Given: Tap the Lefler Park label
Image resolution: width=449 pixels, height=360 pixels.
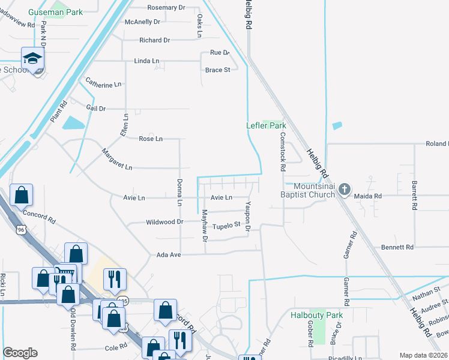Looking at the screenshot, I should [x=266, y=126].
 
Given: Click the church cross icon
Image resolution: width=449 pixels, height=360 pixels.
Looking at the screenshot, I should [x=344, y=190].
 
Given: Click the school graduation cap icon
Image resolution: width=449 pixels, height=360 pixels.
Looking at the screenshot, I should [x=32, y=58].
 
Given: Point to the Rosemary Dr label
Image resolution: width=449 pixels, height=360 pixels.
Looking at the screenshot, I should [x=166, y=8].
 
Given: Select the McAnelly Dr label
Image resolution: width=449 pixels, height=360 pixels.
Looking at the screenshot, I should [x=142, y=22].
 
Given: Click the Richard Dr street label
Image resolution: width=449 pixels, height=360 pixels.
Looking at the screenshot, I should [x=154, y=40].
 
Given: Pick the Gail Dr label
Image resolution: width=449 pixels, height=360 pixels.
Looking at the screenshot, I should [x=96, y=109].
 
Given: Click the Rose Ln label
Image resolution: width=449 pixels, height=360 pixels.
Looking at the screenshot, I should [x=151, y=139].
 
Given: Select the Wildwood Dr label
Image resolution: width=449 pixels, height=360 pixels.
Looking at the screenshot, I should [x=164, y=222].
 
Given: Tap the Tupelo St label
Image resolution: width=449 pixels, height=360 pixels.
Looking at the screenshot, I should [x=226, y=225].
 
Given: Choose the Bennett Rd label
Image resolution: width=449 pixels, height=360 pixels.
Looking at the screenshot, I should [x=397, y=247].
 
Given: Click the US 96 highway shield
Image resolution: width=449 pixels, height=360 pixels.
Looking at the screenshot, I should [x=21, y=229].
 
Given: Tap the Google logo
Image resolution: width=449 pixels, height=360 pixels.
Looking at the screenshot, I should [x=20, y=353].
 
